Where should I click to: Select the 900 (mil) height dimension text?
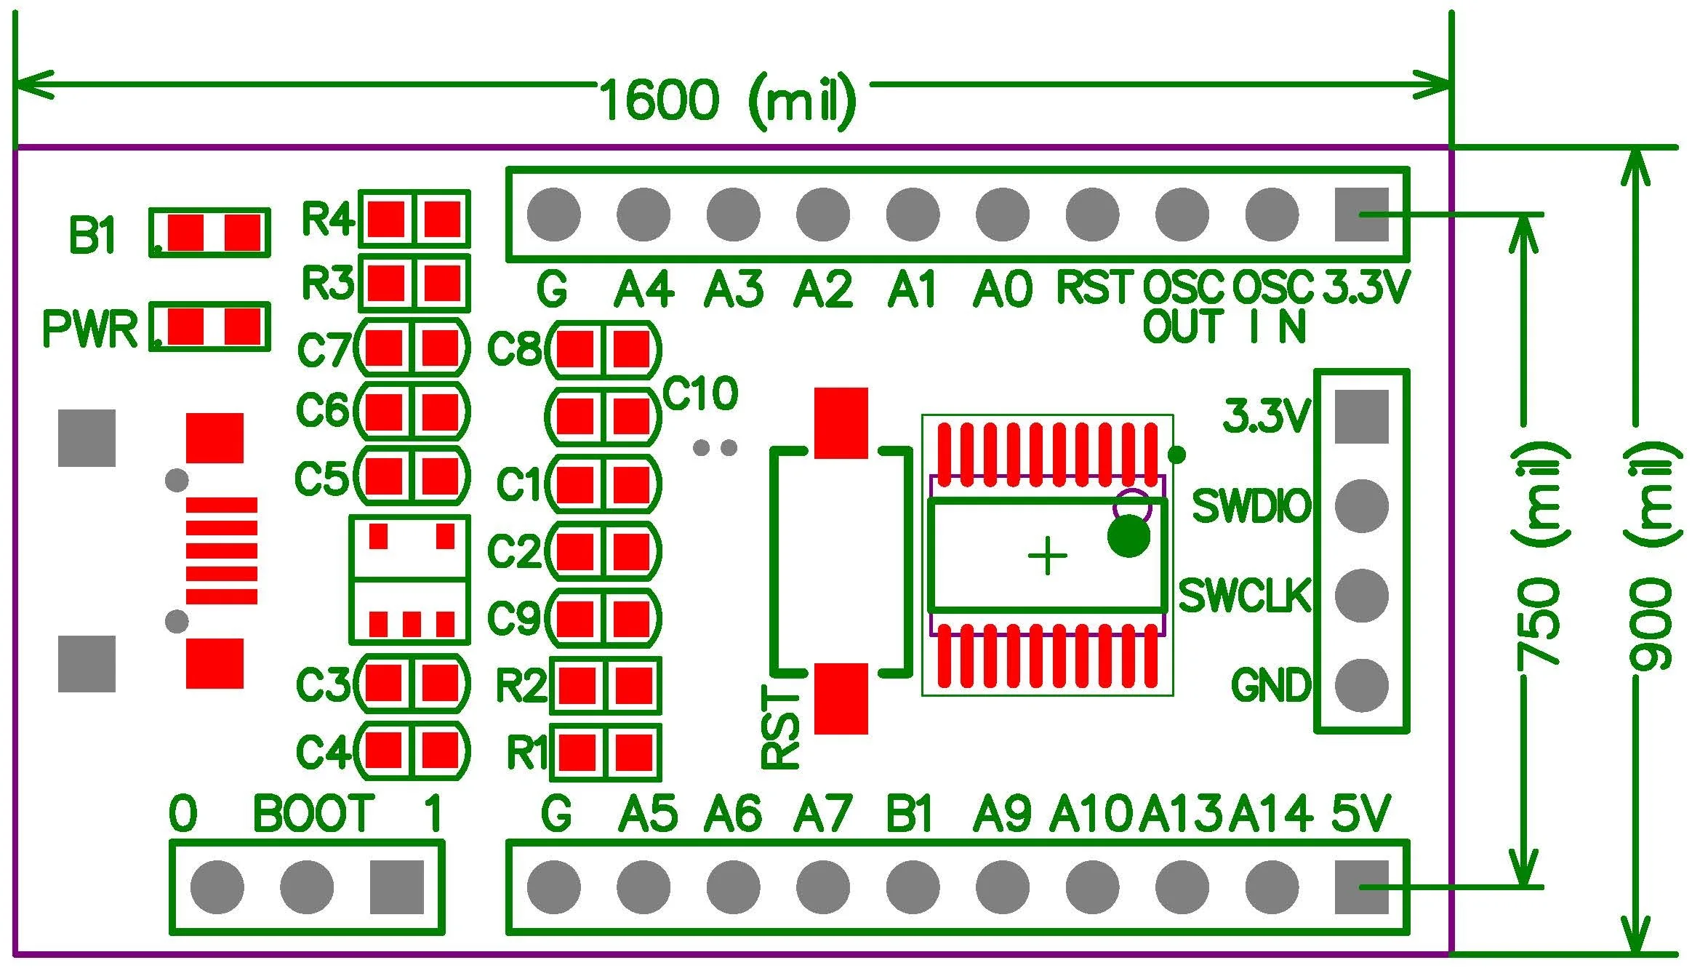click(x=1651, y=556)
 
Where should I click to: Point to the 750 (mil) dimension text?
click(x=1539, y=556)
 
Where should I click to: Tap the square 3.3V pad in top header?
click(x=1361, y=215)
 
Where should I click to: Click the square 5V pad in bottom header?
click(x=1361, y=887)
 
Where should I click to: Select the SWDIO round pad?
click(x=1361, y=505)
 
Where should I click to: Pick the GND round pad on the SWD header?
click(x=1361, y=685)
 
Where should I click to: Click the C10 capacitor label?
click(x=700, y=394)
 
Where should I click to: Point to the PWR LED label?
click(x=90, y=329)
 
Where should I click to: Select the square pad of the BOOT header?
click(x=396, y=887)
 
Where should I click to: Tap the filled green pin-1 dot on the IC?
click(x=1128, y=537)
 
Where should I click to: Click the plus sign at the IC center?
click(x=1047, y=557)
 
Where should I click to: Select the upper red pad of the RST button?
click(x=841, y=423)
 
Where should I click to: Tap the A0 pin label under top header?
click(x=1002, y=289)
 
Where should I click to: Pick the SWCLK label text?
click(x=1244, y=596)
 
